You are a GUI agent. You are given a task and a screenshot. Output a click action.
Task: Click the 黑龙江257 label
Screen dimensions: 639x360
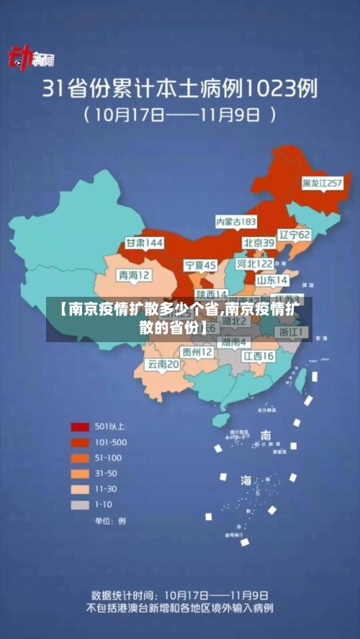click(x=321, y=184)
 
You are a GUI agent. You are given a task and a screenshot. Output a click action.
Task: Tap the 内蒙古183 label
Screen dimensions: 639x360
click(x=236, y=221)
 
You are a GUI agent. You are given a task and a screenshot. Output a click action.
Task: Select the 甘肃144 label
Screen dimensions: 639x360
click(x=145, y=243)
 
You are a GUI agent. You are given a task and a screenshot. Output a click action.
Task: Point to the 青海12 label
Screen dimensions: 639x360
click(x=135, y=275)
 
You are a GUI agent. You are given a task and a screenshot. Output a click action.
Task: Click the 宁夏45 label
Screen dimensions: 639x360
click(x=200, y=266)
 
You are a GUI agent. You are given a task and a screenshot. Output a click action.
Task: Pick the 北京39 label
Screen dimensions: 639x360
click(x=258, y=243)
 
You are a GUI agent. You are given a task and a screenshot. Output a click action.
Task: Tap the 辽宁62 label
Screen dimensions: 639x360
click(x=294, y=235)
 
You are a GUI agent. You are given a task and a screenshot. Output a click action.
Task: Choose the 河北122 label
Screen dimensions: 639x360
click(x=256, y=264)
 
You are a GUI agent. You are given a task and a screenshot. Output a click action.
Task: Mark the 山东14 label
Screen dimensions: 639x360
click(x=272, y=280)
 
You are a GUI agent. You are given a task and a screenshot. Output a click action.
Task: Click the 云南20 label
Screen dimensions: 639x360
click(x=163, y=365)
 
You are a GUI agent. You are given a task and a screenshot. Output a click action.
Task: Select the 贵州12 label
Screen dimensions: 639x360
click(x=197, y=352)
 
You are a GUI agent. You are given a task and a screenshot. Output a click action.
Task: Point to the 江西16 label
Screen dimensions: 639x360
click(x=258, y=356)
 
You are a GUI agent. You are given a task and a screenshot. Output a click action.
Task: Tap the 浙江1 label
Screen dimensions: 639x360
click(x=292, y=332)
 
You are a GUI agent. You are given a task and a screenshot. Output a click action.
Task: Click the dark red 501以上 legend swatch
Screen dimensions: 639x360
click(x=79, y=426)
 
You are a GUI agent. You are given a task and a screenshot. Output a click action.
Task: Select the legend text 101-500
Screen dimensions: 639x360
click(x=110, y=442)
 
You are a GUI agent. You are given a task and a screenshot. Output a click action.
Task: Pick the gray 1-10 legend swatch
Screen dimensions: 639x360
click(x=79, y=504)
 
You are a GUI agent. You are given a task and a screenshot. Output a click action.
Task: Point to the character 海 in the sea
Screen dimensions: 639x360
click(x=246, y=481)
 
